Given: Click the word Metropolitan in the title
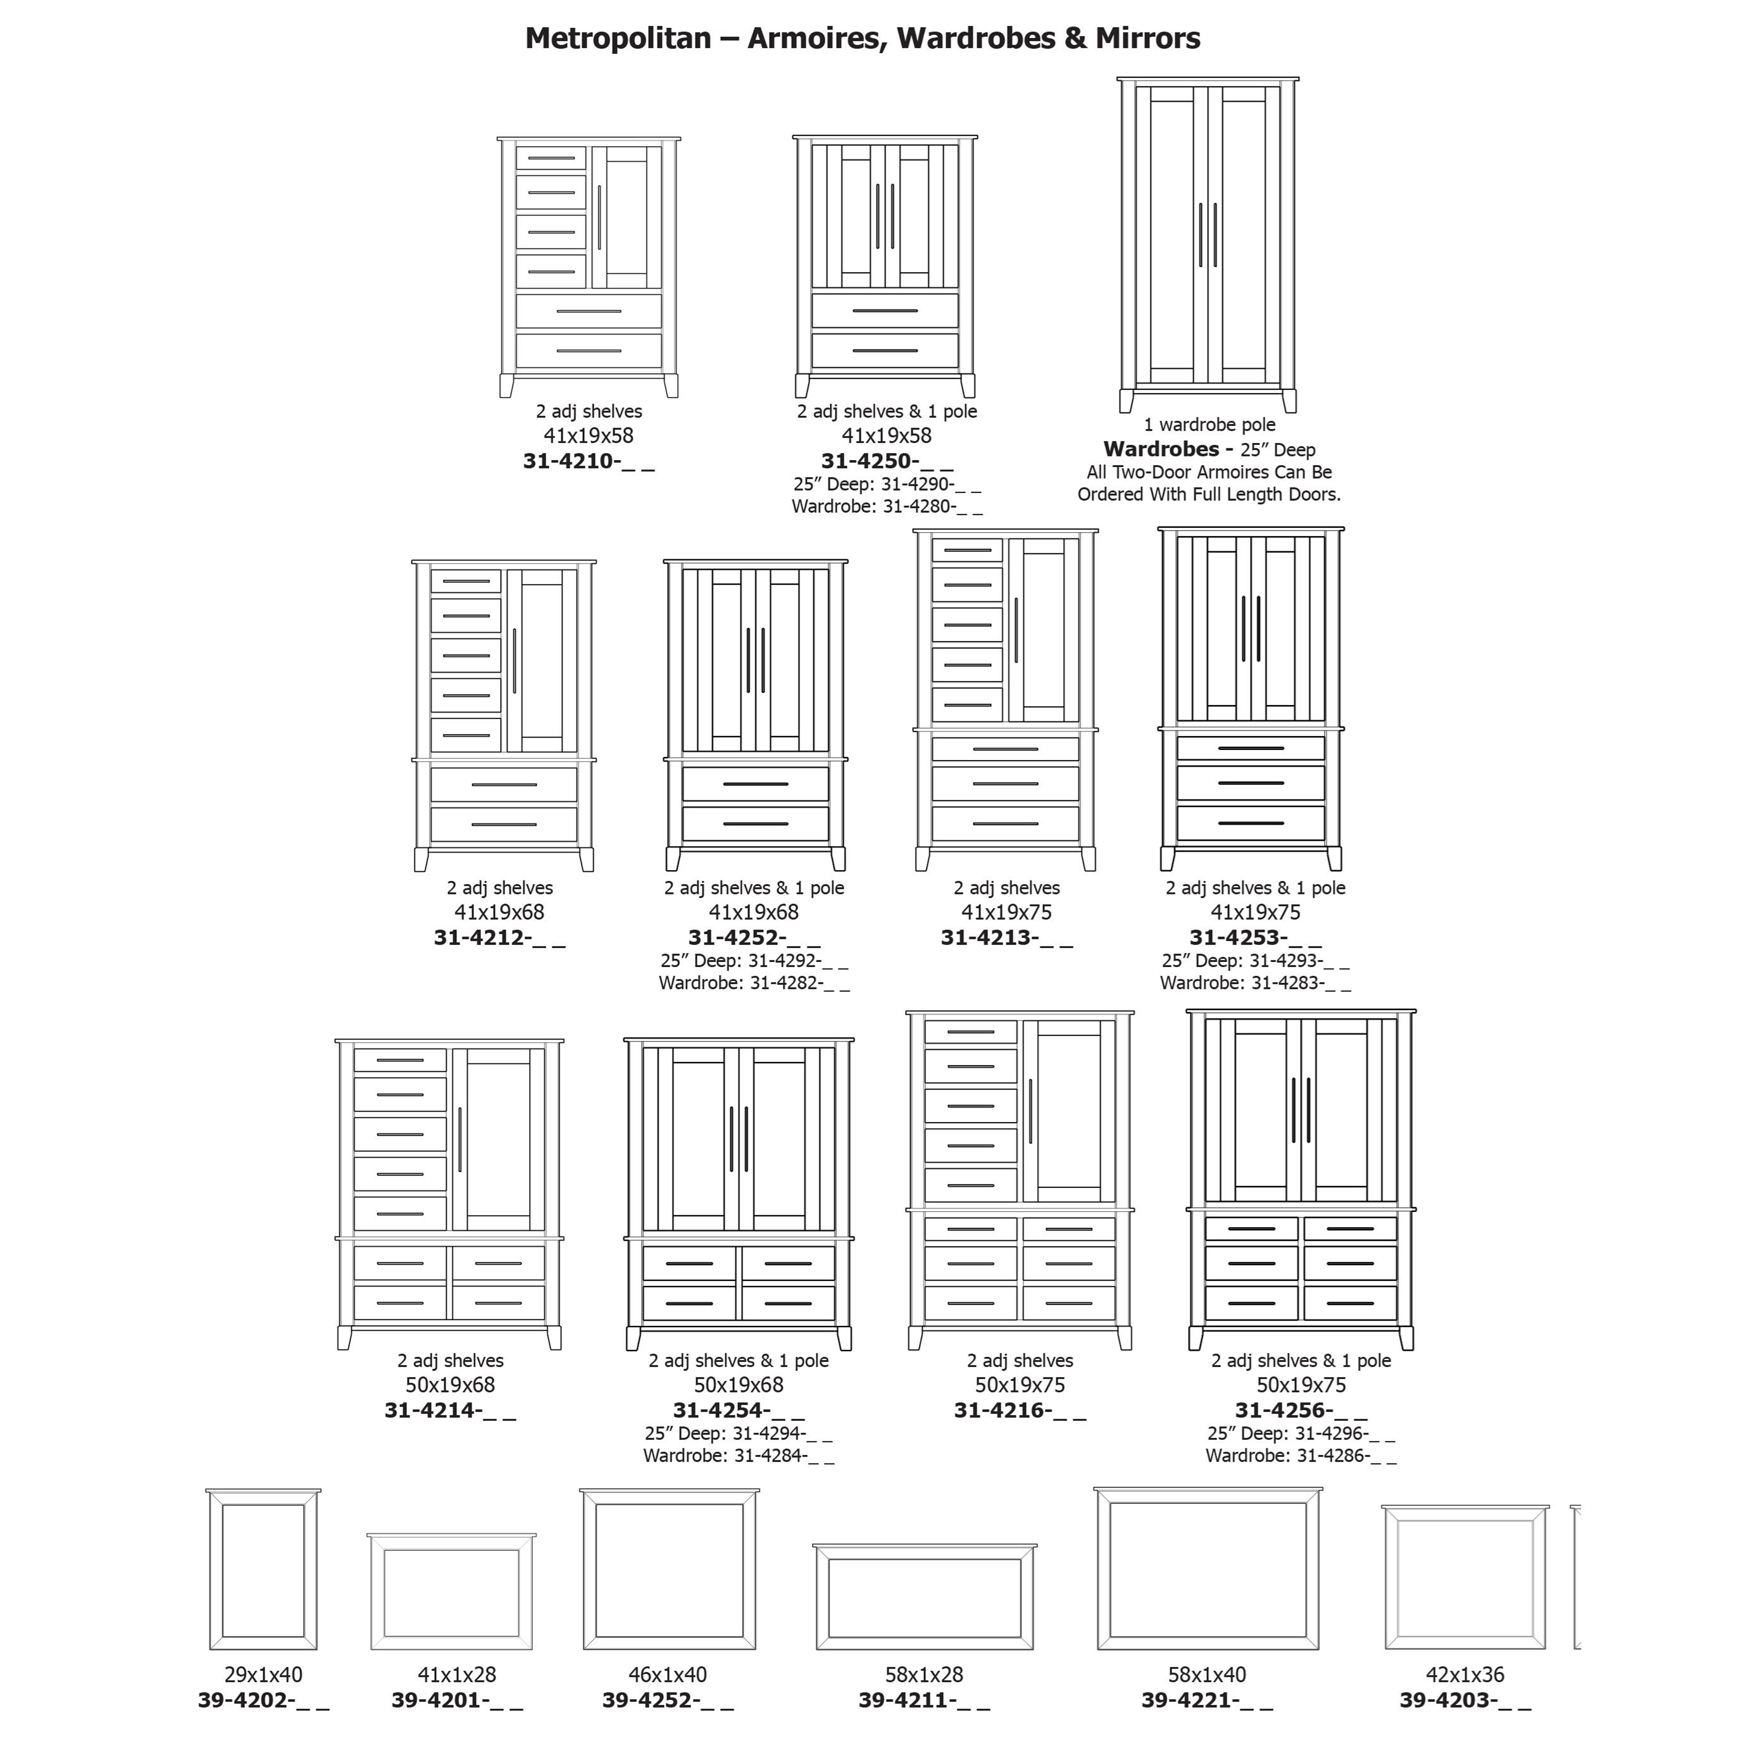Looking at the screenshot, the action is coord(618,38).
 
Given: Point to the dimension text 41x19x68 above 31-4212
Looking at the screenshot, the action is coord(499,912).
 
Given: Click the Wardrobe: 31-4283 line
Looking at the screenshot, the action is coord(1256,983).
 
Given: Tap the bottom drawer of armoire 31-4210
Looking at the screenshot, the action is coord(589,351).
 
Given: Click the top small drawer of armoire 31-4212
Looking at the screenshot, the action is coord(466,581).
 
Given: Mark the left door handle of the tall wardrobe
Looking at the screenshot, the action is coord(1201,235).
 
